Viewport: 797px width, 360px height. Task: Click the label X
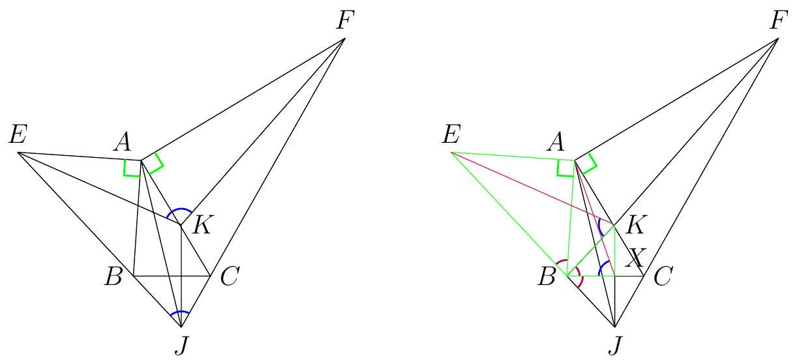point(635,258)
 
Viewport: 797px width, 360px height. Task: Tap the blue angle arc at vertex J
point(180,312)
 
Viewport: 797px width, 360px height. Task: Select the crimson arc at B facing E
point(562,263)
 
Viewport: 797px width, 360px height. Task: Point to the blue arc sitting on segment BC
point(602,267)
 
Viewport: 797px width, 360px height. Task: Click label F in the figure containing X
point(779,21)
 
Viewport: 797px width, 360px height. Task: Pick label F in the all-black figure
point(346,21)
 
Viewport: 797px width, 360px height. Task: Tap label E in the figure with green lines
point(451,134)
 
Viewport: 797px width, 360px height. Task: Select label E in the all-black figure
point(18,134)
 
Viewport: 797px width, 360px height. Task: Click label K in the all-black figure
point(202,225)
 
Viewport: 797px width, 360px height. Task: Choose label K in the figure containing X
point(636,225)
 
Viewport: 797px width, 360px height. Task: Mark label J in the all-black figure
point(181,346)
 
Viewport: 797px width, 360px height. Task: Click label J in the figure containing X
point(614,346)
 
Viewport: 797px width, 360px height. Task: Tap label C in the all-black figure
point(229,277)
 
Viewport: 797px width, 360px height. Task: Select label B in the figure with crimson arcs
point(546,277)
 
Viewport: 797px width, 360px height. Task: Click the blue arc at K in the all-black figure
point(179,211)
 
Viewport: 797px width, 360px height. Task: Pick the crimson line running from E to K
point(533,188)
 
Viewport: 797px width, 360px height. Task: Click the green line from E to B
point(509,214)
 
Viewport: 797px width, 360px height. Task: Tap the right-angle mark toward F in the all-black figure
point(158,164)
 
